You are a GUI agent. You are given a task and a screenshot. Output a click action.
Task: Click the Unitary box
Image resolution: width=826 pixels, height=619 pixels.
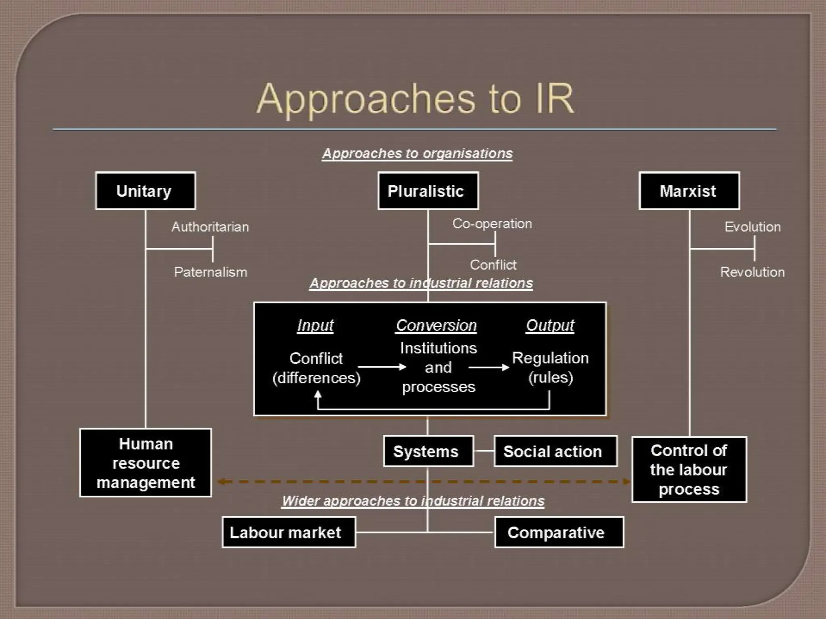[x=145, y=191]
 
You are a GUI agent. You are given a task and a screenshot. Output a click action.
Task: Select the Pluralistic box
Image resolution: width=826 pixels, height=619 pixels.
[x=428, y=191]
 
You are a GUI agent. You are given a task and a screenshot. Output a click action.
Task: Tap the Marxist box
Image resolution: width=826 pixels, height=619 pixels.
[x=689, y=191]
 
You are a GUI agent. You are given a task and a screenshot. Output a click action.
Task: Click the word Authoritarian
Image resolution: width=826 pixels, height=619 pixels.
[x=210, y=227]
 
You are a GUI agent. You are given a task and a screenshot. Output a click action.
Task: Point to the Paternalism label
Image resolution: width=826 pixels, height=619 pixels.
[x=210, y=272]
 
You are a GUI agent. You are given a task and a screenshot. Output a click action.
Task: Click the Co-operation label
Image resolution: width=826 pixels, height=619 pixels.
[x=492, y=224]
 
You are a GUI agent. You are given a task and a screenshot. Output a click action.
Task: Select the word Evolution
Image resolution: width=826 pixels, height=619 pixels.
[x=752, y=227]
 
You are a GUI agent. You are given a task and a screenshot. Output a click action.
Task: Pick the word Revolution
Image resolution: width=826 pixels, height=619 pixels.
[x=752, y=272]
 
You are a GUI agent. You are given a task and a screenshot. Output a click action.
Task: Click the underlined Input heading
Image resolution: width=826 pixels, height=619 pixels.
[x=315, y=325]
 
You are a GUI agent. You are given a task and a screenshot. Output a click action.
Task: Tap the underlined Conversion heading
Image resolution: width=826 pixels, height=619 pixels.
[x=436, y=325]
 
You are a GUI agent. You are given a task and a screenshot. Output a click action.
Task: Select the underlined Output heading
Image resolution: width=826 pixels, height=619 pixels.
[x=550, y=325]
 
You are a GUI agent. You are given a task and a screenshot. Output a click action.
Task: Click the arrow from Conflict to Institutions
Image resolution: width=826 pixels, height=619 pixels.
[x=382, y=367]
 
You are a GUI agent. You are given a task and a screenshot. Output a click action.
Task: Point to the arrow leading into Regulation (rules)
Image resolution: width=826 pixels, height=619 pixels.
[x=488, y=367]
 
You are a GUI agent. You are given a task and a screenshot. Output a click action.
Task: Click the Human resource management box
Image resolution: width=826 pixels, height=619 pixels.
[x=146, y=463]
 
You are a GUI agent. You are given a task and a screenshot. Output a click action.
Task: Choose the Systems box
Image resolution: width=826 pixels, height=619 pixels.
[x=428, y=451]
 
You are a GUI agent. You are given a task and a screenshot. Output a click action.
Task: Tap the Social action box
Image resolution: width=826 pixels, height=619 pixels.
[x=555, y=451]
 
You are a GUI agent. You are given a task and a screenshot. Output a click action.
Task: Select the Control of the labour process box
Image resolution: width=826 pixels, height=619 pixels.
[x=689, y=469]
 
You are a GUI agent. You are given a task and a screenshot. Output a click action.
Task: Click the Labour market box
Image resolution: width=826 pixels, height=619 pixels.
[x=288, y=532]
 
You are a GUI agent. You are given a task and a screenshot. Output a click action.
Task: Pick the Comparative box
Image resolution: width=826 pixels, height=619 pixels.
[x=559, y=532]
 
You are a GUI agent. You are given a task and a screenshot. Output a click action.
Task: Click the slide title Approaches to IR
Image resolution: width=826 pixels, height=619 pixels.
[x=415, y=99]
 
